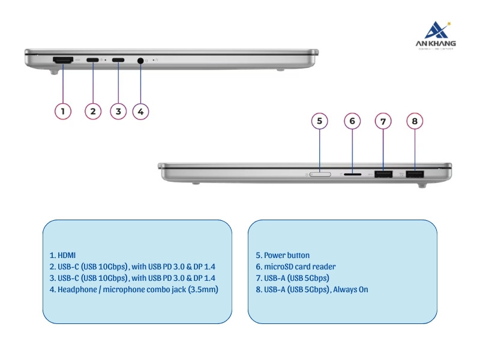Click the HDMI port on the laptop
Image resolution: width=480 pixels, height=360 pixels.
63,60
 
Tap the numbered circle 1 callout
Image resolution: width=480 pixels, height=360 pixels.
63,111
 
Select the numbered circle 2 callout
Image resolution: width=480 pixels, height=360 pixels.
92,111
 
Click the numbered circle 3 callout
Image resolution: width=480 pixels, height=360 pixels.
118,111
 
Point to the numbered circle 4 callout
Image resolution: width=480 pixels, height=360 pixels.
140,111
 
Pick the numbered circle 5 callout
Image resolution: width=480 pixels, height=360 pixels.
320,121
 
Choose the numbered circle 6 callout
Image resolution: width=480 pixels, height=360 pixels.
352,121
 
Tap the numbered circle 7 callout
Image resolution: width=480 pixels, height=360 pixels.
383,121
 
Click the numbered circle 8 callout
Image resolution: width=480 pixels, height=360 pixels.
415,121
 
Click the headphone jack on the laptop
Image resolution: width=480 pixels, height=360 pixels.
141,60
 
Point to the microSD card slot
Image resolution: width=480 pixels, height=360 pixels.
352,174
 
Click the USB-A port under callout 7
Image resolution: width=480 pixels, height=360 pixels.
383,174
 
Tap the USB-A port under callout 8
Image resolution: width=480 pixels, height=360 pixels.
415,174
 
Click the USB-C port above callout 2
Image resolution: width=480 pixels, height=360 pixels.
93,60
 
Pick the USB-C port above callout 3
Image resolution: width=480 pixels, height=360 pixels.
118,60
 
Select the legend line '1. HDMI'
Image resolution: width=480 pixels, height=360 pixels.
62,255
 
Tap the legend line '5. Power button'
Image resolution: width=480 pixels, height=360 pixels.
283,255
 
